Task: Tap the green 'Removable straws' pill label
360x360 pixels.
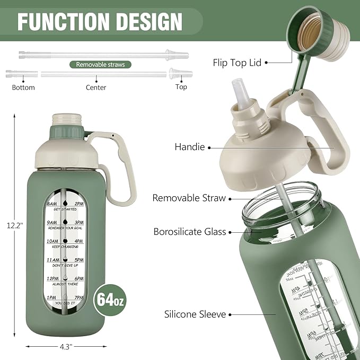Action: [x=100, y=65]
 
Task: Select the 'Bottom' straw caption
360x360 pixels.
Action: [x=23, y=87]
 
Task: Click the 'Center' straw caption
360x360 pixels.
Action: [x=96, y=87]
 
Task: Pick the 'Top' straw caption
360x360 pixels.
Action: [x=181, y=87]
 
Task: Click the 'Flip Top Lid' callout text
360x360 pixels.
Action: [x=237, y=63]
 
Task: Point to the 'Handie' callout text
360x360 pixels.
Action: [x=189, y=147]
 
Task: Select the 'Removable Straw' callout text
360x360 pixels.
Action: [x=189, y=198]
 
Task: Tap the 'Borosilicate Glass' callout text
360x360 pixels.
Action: [x=189, y=232]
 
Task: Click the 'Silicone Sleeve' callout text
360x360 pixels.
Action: [x=195, y=314]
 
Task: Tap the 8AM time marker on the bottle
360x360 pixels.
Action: [x=52, y=203]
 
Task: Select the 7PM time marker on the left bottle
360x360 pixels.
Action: [x=78, y=297]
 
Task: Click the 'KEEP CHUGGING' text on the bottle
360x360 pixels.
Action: [x=65, y=248]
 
